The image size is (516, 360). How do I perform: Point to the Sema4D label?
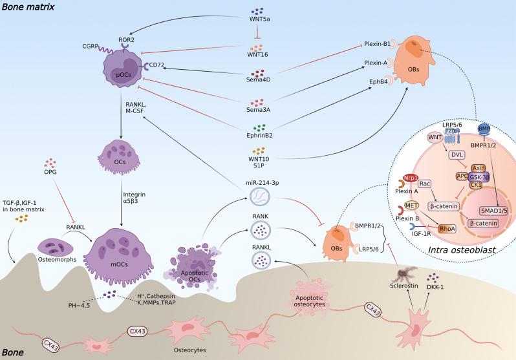pos(258,83)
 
